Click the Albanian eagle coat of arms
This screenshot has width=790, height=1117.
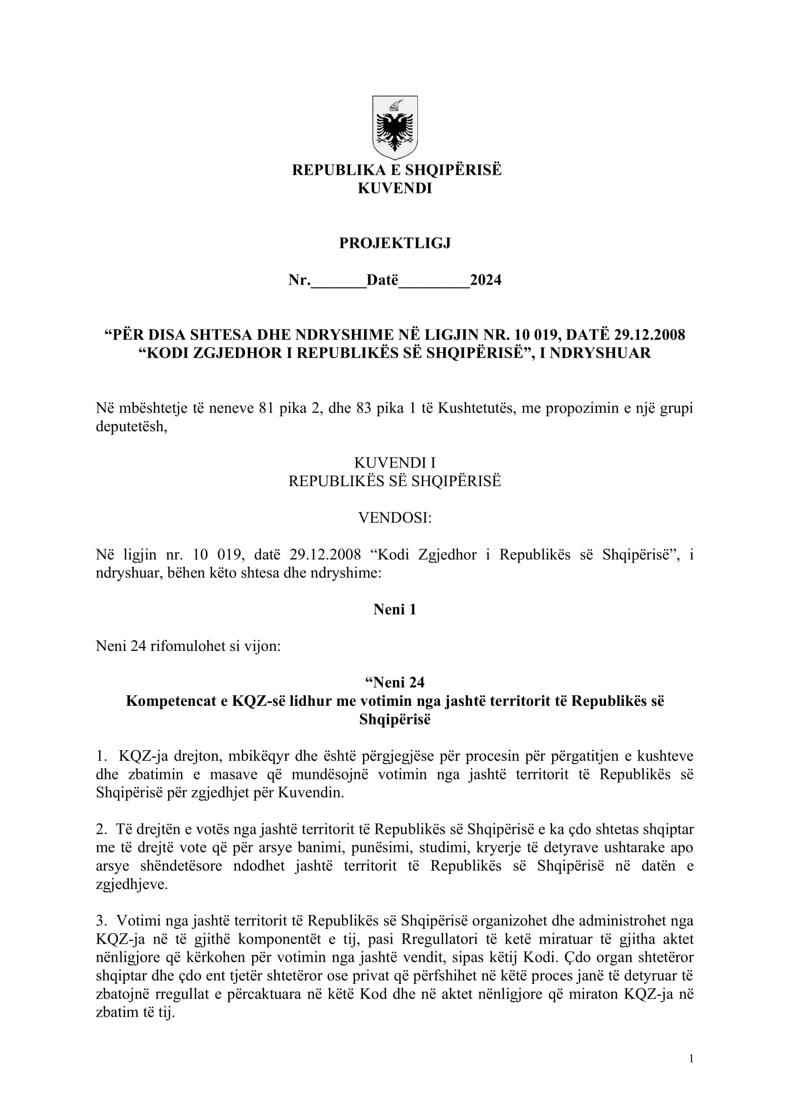[395, 128]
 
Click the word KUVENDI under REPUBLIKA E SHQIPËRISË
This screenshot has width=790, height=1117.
[395, 188]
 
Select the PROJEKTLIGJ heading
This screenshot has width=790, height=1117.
[395, 243]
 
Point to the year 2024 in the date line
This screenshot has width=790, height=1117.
[485, 280]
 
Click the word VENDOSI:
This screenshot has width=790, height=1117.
[395, 518]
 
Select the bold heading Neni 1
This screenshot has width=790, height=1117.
[395, 609]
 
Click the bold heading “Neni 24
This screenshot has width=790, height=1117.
[395, 682]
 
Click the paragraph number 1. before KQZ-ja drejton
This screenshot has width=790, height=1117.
[101, 756]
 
